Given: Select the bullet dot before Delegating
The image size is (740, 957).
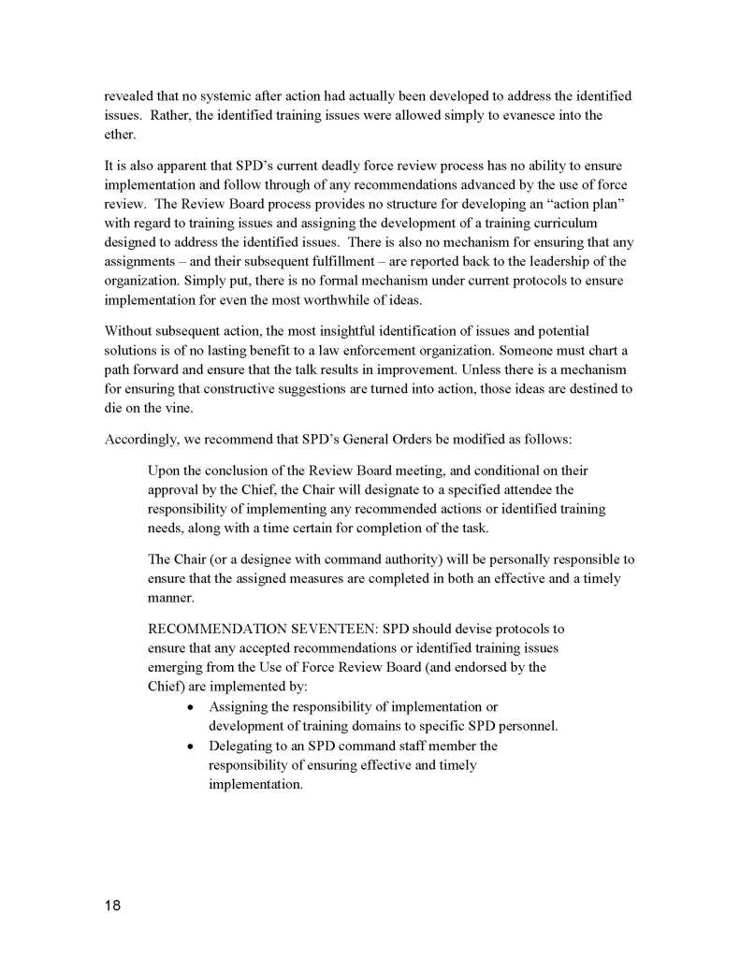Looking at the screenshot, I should coord(191,747).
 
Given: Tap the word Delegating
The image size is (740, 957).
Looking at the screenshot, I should coord(241,746).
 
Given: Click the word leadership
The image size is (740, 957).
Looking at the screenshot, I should coord(551,260).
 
